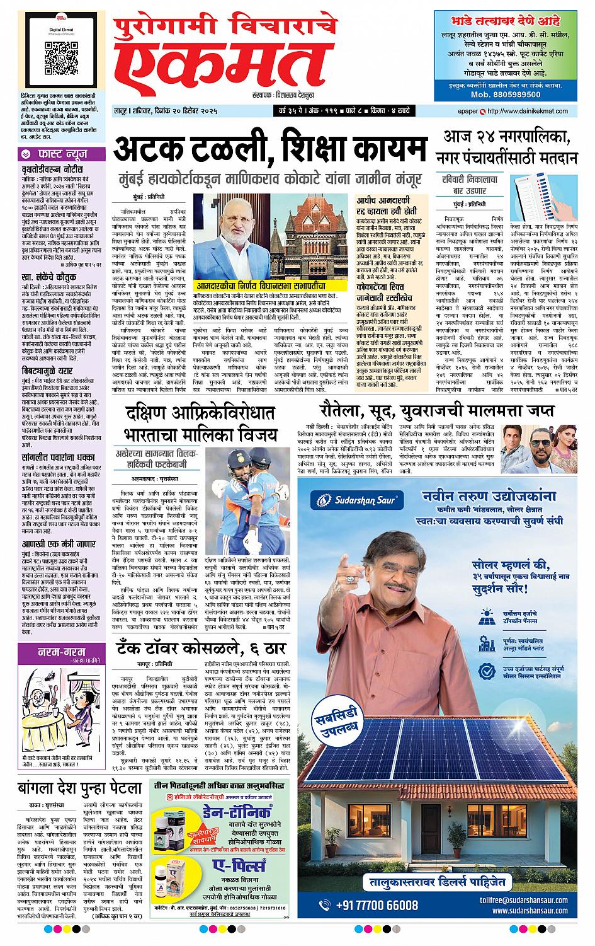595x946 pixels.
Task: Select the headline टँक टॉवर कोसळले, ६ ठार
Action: pyautogui.click(x=201, y=648)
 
